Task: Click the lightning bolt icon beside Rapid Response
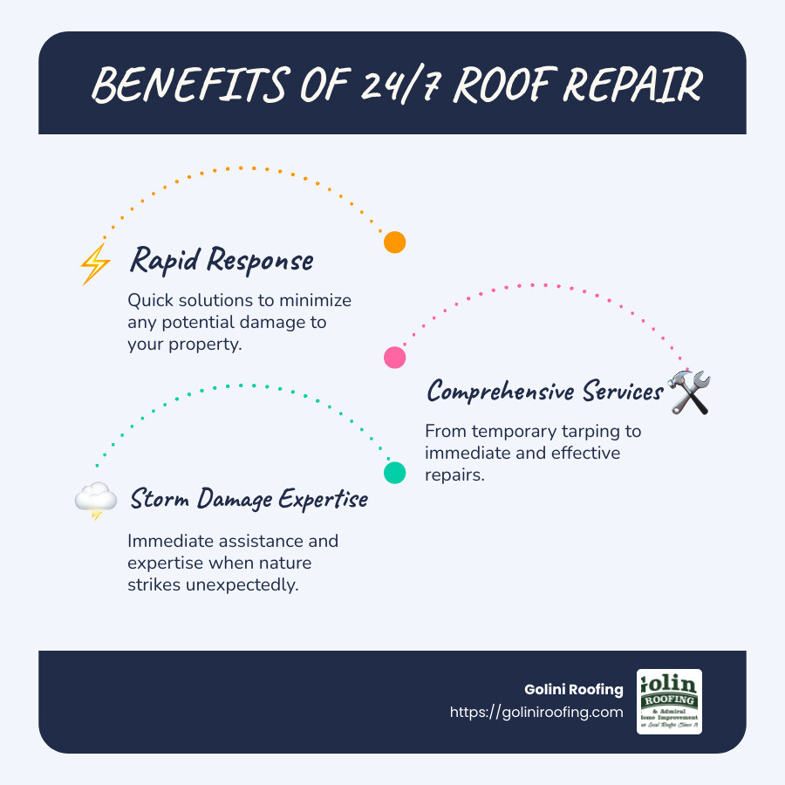[x=95, y=263]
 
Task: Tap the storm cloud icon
[x=96, y=501]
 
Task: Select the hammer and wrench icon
[x=689, y=392]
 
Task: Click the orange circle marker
[x=395, y=242]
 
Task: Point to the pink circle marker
[x=395, y=357]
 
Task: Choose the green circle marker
[x=395, y=473]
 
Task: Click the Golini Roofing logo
[x=669, y=701]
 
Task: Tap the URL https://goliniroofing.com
[x=536, y=712]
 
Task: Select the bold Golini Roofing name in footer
[x=572, y=690]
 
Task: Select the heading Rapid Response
[x=221, y=261]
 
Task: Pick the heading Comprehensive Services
[x=545, y=392]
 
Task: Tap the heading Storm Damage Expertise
[x=249, y=500]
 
